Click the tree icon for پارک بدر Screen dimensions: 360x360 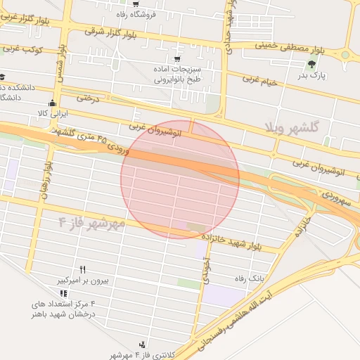tap(311, 65)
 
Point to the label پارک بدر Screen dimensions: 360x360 tap(312, 75)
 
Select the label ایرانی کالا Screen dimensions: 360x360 tap(51, 112)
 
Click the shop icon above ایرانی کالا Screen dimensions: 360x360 tap(52, 103)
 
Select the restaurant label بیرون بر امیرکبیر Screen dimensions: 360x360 tap(82, 281)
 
